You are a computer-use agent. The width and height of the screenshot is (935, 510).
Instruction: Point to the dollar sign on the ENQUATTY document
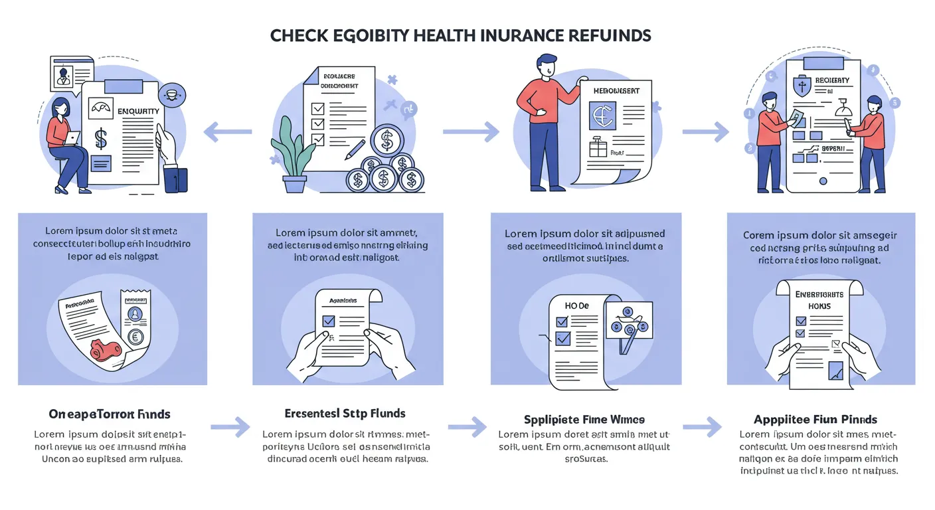click(x=101, y=138)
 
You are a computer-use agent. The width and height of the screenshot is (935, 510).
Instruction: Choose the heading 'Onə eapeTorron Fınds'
click(x=110, y=414)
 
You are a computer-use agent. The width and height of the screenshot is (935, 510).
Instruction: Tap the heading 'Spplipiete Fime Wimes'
click(x=584, y=419)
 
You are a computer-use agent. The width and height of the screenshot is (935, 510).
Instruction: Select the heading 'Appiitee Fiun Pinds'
click(x=815, y=419)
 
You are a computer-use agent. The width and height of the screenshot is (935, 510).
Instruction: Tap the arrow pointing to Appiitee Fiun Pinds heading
click(x=703, y=424)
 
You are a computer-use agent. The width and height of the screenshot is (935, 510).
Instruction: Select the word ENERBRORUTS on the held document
click(x=819, y=294)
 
